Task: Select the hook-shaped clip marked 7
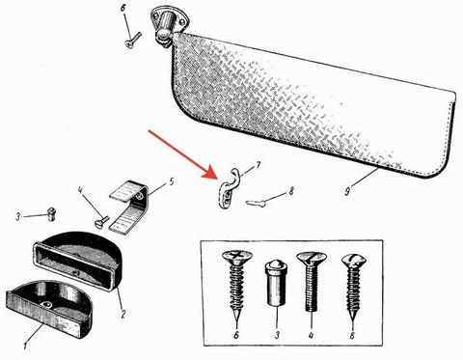click(x=228, y=189)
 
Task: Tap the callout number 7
click(x=257, y=166)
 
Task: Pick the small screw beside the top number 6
click(x=133, y=41)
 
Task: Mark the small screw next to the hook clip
click(x=256, y=203)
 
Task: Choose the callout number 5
click(x=171, y=182)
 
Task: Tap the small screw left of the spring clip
click(x=101, y=221)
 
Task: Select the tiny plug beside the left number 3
click(x=51, y=213)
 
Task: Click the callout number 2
click(x=123, y=314)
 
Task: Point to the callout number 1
click(x=25, y=346)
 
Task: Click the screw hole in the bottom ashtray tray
click(x=47, y=304)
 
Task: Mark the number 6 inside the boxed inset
click(x=236, y=335)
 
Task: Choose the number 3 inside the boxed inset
click(x=277, y=335)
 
